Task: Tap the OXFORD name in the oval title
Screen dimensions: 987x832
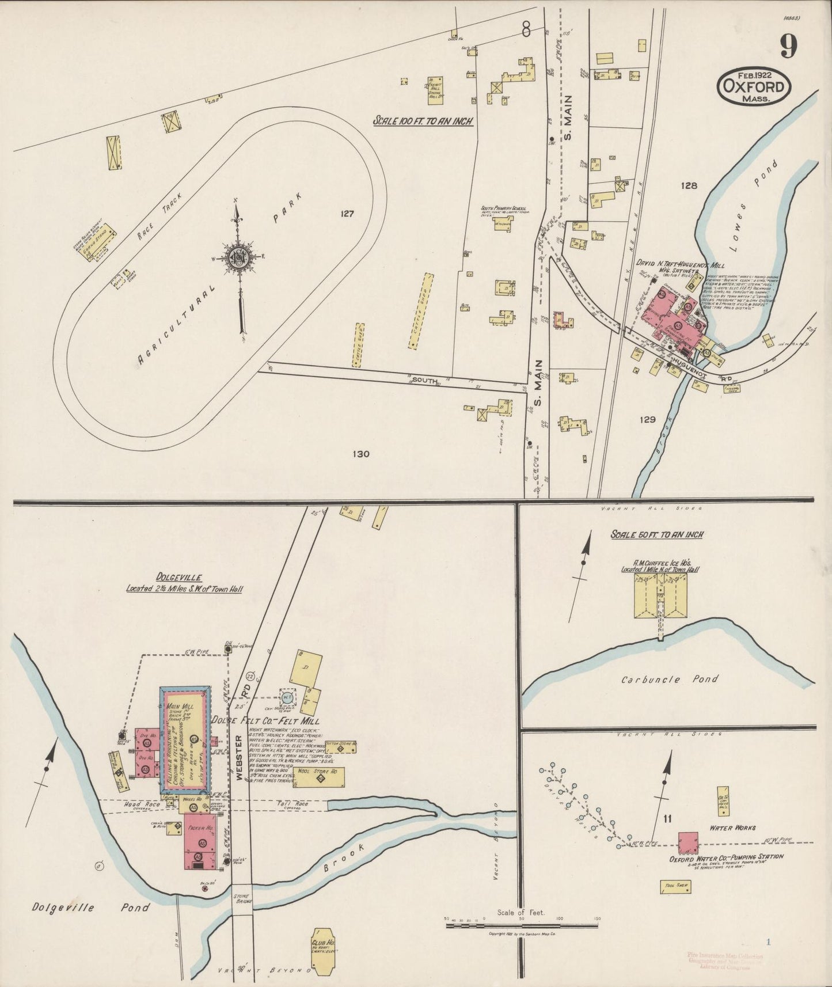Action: pos(754,87)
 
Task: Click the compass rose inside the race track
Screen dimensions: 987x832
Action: pos(237,257)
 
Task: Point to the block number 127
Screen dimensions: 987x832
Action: pos(347,214)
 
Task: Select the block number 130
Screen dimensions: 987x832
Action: pos(360,454)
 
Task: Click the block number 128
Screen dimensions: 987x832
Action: pos(689,185)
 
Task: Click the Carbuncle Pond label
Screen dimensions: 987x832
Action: pos(670,679)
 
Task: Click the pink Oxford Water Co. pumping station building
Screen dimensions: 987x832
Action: pos(688,842)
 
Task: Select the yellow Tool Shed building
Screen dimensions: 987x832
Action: pos(675,887)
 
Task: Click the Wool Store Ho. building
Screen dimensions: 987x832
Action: pos(321,777)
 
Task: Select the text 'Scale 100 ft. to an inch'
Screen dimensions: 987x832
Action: pos(423,121)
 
